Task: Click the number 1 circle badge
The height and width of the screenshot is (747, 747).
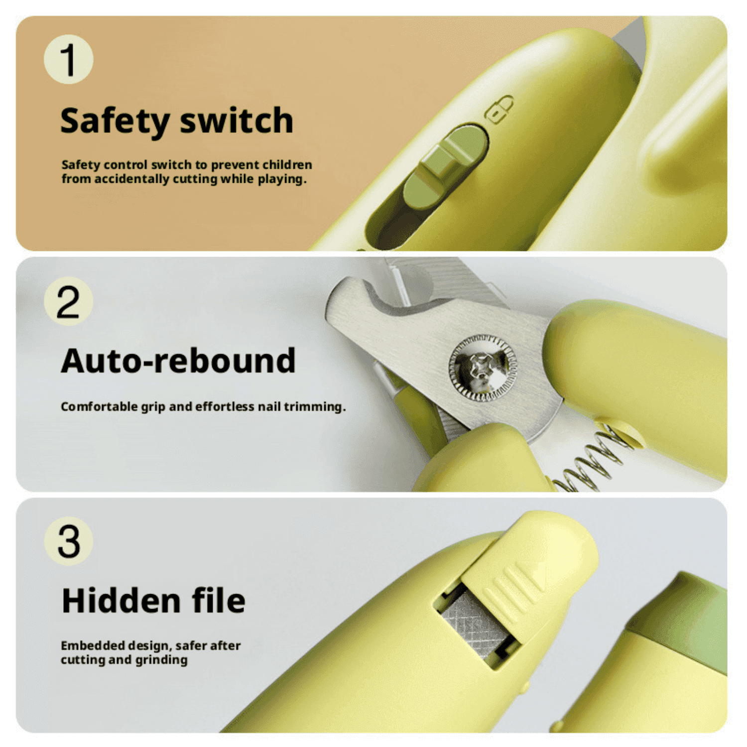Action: coord(69,59)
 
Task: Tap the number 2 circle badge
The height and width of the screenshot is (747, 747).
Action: coord(69,301)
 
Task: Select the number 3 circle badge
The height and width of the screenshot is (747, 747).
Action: coord(69,541)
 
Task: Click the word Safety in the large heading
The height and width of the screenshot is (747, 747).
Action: coord(115,122)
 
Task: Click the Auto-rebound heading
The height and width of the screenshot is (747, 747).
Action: coord(178,361)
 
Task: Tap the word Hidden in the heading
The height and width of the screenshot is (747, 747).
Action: coord(121,601)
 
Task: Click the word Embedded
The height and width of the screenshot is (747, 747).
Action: coord(93,645)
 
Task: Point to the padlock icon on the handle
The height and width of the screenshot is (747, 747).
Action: coord(499,109)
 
